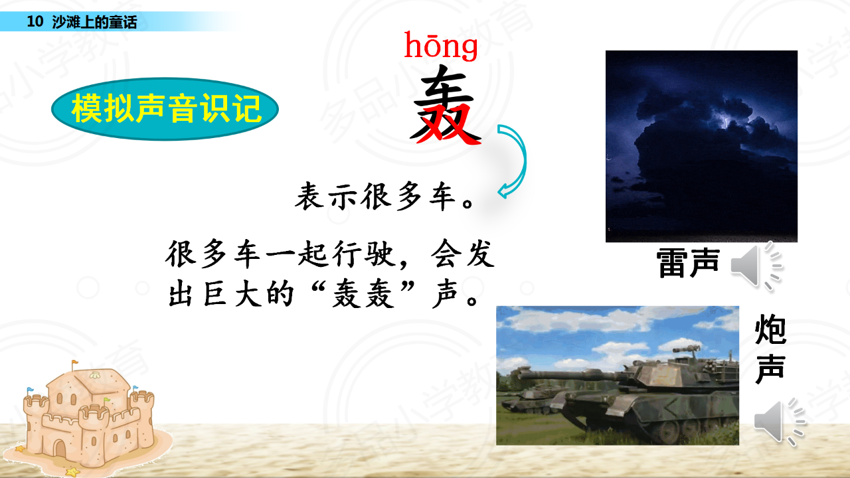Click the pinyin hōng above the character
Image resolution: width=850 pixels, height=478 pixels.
coord(440,46)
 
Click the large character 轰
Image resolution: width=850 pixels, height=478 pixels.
coord(445,105)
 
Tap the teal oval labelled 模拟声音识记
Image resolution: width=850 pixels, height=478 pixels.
coord(165,109)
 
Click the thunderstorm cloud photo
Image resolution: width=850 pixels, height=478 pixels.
coord(701,146)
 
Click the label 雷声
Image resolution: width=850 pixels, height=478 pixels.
coord(687,262)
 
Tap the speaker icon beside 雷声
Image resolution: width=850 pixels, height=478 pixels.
coord(756,266)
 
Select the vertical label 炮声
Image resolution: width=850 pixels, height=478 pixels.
coord(770,349)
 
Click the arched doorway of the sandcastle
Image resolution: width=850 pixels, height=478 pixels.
coord(60,449)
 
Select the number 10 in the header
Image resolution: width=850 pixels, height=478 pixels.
coord(35,21)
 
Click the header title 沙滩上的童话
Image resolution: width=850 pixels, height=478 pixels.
coord(94,22)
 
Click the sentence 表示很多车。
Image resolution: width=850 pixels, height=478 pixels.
coord(384,197)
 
